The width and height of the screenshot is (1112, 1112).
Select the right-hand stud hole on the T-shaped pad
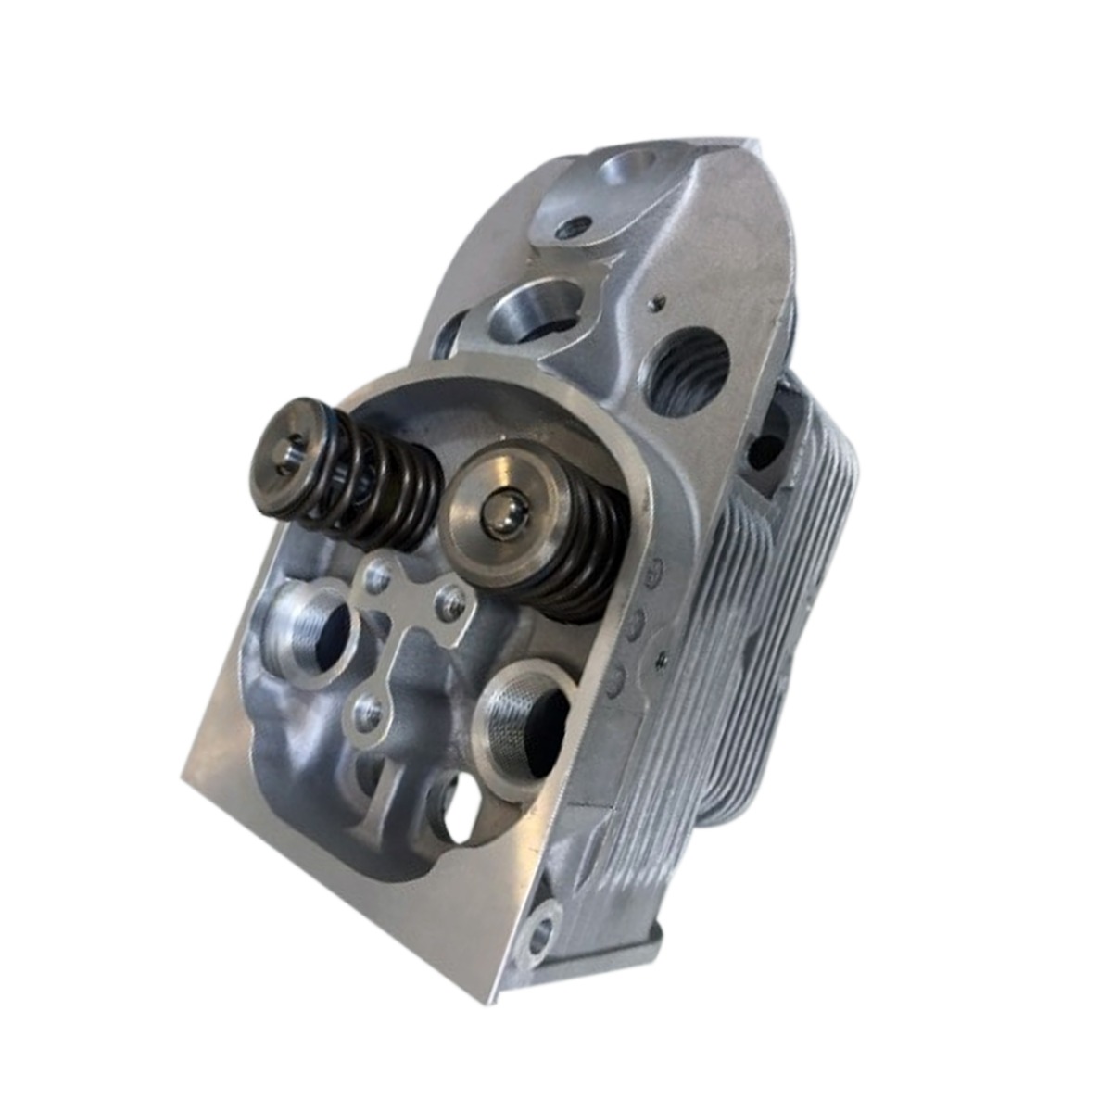click(x=452, y=604)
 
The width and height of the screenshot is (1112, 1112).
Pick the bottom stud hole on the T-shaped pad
click(x=366, y=712)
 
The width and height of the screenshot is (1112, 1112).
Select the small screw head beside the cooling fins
click(x=660, y=658)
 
